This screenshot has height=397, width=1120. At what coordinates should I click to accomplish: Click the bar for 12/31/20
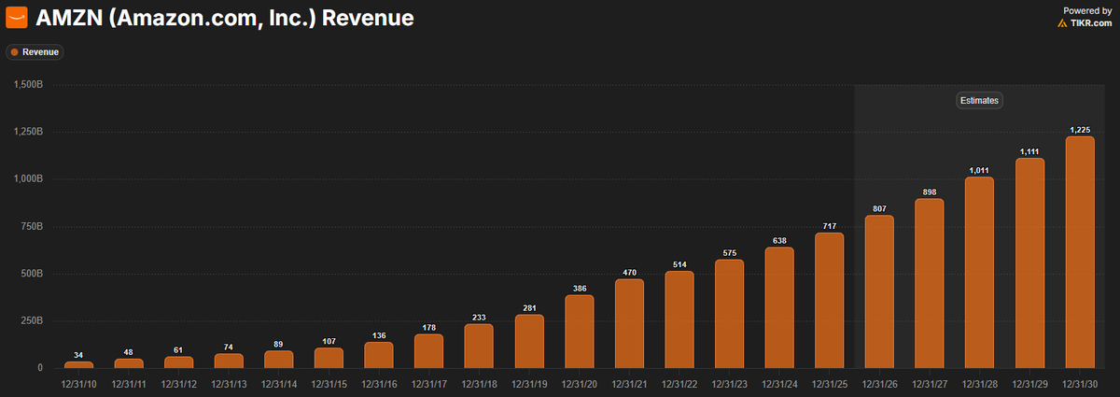(x=579, y=332)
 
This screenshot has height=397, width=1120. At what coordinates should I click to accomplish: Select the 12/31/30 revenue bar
(x=1079, y=252)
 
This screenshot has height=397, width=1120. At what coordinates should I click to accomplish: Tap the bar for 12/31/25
(x=829, y=300)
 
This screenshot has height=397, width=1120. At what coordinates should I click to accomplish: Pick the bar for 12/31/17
(x=428, y=350)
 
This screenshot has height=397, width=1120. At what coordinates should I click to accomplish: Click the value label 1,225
(x=1079, y=129)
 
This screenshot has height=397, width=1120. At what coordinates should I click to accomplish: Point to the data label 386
(x=579, y=288)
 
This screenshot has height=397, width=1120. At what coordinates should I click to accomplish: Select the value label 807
(x=879, y=208)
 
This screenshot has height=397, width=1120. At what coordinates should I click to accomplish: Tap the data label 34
(x=78, y=354)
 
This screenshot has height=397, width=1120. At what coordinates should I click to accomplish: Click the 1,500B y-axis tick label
(x=28, y=84)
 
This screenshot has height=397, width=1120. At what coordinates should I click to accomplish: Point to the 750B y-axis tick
(x=31, y=226)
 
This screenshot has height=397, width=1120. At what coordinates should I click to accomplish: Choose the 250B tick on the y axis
(x=31, y=320)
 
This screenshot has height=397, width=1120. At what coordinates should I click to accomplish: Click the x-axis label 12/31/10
(x=78, y=383)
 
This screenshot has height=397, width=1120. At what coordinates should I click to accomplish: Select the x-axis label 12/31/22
(x=679, y=383)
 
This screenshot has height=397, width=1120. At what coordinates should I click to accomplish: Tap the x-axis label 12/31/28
(x=979, y=383)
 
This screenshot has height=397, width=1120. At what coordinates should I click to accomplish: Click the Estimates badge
(x=978, y=100)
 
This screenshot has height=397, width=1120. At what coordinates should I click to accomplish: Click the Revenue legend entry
(x=35, y=52)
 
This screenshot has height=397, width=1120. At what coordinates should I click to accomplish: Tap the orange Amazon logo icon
(x=17, y=18)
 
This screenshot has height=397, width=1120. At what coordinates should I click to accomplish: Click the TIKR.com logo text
(x=1091, y=22)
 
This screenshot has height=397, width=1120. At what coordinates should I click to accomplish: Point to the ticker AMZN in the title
(x=67, y=18)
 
